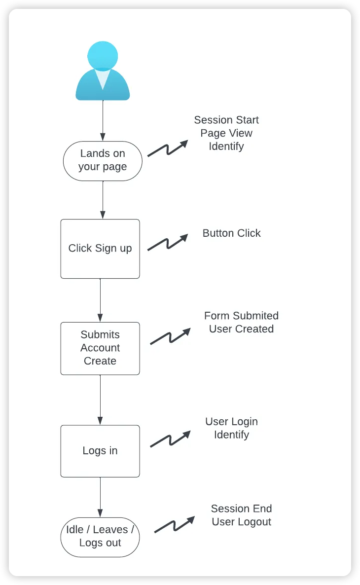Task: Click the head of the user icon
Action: click(103, 56)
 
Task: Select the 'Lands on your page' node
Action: click(103, 161)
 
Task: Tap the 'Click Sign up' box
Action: click(100, 249)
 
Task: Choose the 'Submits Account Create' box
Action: click(100, 348)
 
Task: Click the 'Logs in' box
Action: click(100, 451)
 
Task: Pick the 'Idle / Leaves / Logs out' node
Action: click(100, 537)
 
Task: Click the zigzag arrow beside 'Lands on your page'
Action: click(168, 148)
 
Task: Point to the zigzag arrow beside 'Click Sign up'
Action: click(168, 242)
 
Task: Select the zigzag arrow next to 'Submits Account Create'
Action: click(170, 336)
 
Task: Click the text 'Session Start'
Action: click(226, 120)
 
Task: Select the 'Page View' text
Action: click(226, 133)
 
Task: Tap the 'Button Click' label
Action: click(231, 233)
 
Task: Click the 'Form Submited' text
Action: click(241, 316)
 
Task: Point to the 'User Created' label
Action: click(241, 329)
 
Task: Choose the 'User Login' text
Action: click(231, 422)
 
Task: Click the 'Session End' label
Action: click(241, 509)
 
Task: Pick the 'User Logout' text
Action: click(241, 522)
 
